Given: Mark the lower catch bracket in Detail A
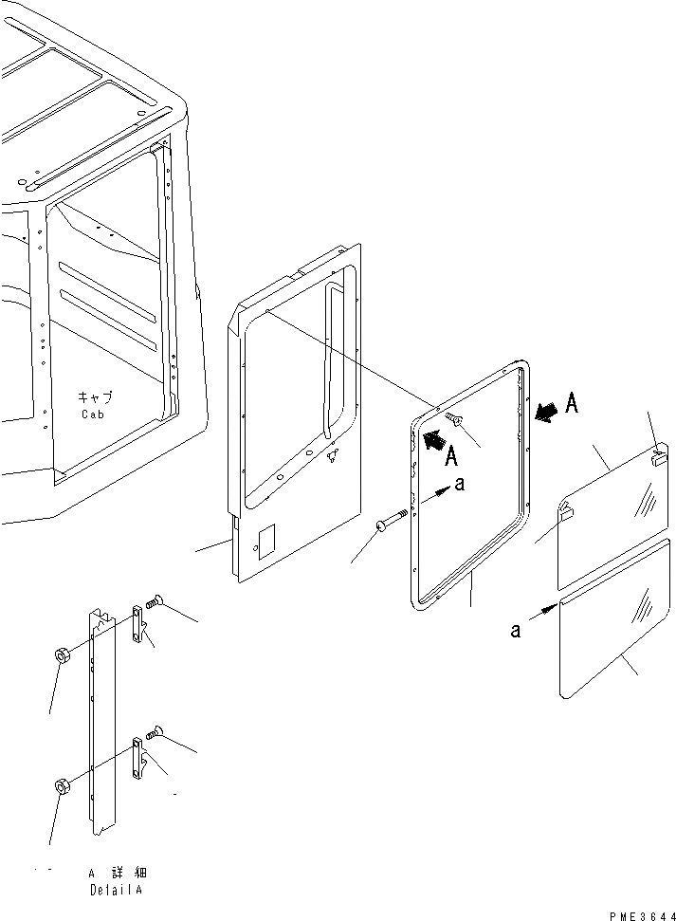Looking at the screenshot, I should click(x=140, y=757).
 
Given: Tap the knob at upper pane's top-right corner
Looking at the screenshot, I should click(x=661, y=458).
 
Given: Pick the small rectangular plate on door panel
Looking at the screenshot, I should click(x=266, y=539).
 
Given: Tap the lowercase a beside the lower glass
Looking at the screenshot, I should click(x=516, y=631).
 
